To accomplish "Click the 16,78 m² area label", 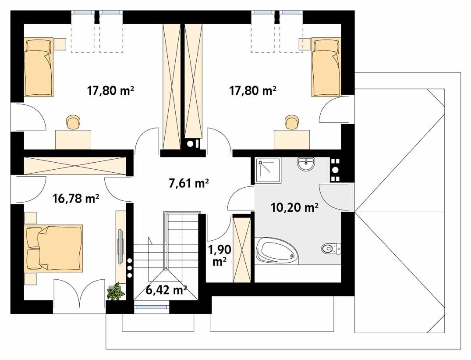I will (x=75, y=199).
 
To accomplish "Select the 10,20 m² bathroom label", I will (x=294, y=207).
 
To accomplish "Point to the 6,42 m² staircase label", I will (x=166, y=289).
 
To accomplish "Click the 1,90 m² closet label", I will (x=219, y=255).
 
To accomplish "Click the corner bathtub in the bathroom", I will (x=276, y=251).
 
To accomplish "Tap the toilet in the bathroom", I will (x=330, y=249).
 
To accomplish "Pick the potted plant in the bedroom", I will (x=116, y=292).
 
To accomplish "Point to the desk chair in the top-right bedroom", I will (x=291, y=122).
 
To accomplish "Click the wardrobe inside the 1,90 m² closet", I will (x=242, y=249).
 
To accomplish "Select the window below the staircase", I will (x=151, y=307).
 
